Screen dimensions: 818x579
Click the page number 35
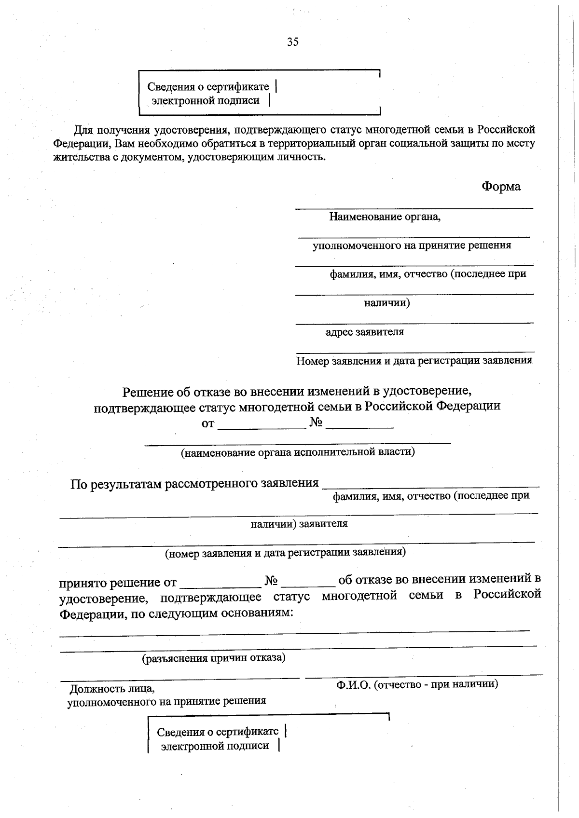292,42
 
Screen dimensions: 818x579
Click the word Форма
501,187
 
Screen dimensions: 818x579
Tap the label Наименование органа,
385,217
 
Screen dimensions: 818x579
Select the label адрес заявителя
364,332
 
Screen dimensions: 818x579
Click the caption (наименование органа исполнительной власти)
298,452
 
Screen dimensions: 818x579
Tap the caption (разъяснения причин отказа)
213,658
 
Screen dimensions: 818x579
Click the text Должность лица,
112,688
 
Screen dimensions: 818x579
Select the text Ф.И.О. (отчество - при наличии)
417,683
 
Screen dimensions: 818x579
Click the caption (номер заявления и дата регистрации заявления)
285,553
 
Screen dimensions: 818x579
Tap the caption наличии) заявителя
299,524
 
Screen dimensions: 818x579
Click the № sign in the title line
316,423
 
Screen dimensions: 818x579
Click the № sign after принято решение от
271,581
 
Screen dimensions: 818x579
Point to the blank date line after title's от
262,424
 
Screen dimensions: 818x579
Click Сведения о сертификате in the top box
208,87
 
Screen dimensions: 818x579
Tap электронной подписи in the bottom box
215,746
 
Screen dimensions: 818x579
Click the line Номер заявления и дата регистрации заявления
414,360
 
